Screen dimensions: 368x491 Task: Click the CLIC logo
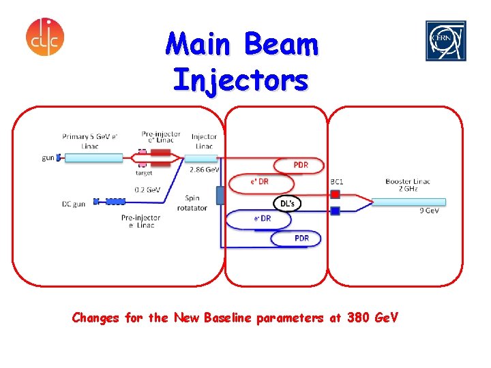[45, 37]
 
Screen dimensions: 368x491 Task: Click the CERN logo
[446, 41]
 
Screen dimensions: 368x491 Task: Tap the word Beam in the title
[280, 45]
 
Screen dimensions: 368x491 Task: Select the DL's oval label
[287, 203]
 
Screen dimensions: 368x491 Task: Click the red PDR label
[301, 165]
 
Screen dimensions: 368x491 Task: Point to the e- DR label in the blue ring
[263, 219]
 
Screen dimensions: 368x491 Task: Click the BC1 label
[337, 182]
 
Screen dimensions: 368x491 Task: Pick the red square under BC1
[335, 194]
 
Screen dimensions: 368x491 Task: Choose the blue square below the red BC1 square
[335, 211]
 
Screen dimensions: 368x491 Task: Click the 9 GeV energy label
[429, 211]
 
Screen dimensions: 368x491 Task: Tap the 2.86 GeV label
[204, 169]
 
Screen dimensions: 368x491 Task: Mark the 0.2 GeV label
[147, 190]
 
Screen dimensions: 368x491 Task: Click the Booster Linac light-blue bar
[409, 202]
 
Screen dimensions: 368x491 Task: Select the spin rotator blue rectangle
[220, 196]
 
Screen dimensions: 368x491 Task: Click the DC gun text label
[74, 203]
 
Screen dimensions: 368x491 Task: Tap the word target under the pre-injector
[144, 173]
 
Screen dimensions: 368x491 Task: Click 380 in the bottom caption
[361, 318]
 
